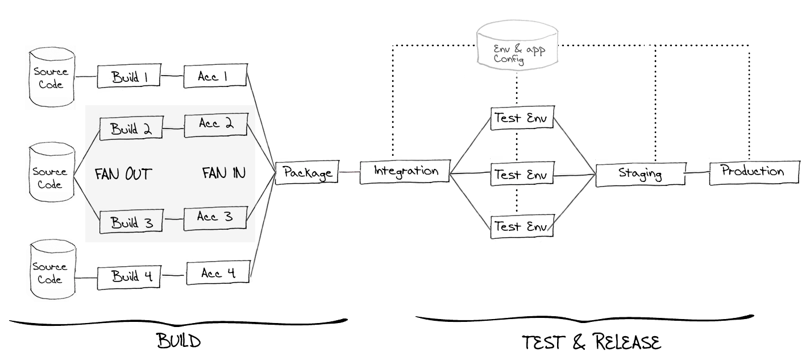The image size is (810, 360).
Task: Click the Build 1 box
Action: pos(130,77)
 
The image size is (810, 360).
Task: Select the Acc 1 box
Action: pos(215,76)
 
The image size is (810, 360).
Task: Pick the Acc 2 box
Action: pos(215,125)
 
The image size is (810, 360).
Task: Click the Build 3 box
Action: pos(131,221)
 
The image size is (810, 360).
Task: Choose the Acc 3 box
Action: pos(215,217)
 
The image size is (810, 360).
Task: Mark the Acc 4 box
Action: pos(218,273)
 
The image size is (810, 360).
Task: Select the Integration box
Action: pos(405,171)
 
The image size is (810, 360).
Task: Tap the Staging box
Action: pos(639,174)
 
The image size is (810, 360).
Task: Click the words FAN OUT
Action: pos(123,173)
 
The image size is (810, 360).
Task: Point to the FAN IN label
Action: pos(224,173)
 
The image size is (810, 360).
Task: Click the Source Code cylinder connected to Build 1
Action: pos(51,78)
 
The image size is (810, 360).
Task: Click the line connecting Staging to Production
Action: pos(696,172)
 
